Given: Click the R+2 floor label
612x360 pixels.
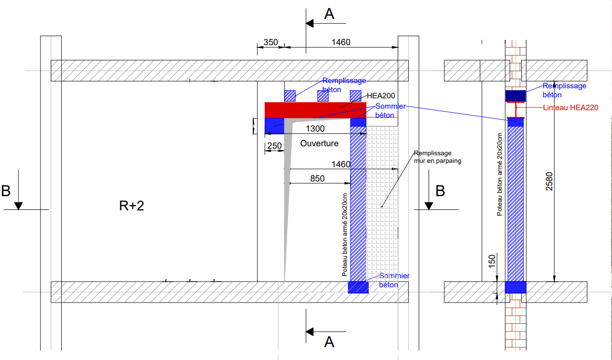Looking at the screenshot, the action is point(132,206).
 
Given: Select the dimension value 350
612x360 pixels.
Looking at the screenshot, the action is point(270,42).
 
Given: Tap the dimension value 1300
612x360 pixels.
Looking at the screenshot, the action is point(315,129).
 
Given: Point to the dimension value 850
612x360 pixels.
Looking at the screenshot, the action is point(317,179).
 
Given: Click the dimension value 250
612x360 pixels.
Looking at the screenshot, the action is point(274,146).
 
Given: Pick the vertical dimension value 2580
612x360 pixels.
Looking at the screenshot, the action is point(549,181).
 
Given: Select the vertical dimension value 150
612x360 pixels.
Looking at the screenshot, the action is point(491,261).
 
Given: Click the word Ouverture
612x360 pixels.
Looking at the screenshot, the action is point(319,143).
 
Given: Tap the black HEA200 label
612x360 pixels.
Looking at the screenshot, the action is point(381,95).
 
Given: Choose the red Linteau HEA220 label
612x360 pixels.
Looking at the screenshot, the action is point(571,108).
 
